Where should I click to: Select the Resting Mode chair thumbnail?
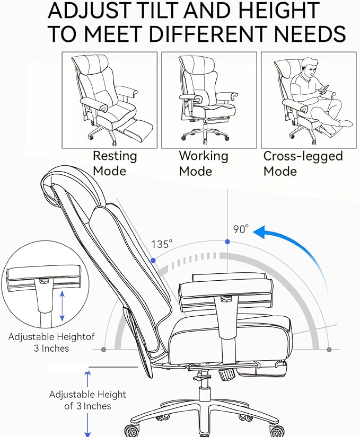pos(110,100)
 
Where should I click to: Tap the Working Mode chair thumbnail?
pos(209,100)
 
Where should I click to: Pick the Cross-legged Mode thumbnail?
pos(309,100)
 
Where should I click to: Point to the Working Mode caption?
pos(203,164)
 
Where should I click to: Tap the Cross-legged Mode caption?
pos(303,164)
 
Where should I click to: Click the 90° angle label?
pos(241,229)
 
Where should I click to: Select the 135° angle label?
pos(162,244)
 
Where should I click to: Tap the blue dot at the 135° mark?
pos(153,261)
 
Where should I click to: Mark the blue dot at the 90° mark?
pos(227,242)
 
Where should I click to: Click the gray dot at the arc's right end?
pos(329,350)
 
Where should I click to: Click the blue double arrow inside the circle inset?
pos(62,306)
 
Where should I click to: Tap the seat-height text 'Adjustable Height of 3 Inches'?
pos(87,400)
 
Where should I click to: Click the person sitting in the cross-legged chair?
pos(313,93)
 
